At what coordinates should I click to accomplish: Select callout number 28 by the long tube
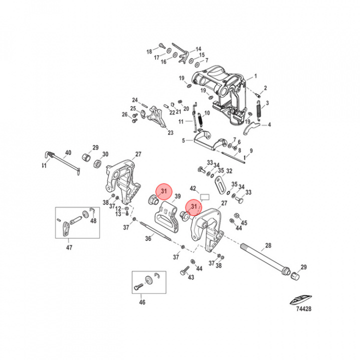point(268,245)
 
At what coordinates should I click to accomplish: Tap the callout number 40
point(68,152)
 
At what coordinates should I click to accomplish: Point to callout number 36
point(148,239)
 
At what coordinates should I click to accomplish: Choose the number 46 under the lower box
point(142,302)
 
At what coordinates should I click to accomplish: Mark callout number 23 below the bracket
point(170,132)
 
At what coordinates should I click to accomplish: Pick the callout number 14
point(198,48)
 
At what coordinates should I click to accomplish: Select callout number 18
point(149,51)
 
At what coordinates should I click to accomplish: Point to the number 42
point(193,188)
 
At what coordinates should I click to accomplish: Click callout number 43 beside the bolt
point(190,278)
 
